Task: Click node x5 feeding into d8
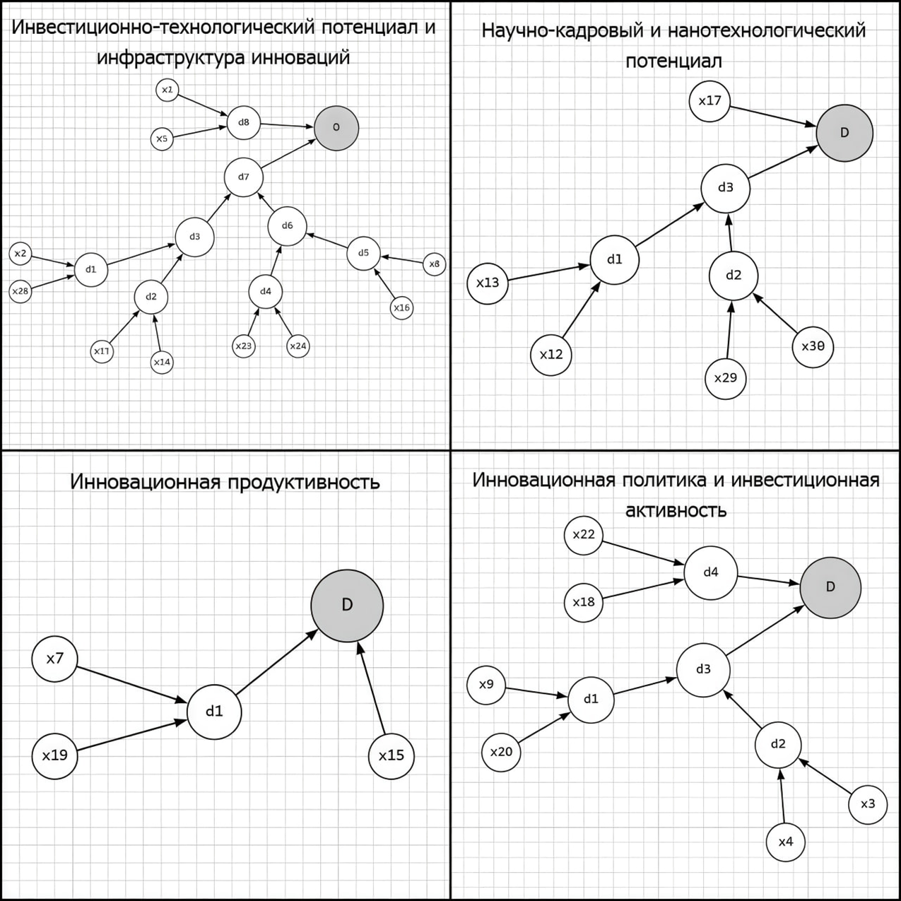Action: pos(162,139)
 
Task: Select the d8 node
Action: pos(244,122)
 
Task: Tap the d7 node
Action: pos(244,177)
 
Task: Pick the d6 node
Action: pos(287,226)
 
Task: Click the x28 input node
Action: pos(20,291)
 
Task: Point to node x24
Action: pos(298,346)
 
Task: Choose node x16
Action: pos(401,307)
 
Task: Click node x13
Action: pos(488,283)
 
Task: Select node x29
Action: pos(726,378)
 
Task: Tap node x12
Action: pos(551,355)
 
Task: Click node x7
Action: pos(54,659)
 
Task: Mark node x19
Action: pos(54,756)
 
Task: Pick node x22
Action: pos(584,535)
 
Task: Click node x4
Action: pos(786,842)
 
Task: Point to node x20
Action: pos(501,752)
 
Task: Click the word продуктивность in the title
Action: pos(304,482)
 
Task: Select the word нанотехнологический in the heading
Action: pos(767,31)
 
